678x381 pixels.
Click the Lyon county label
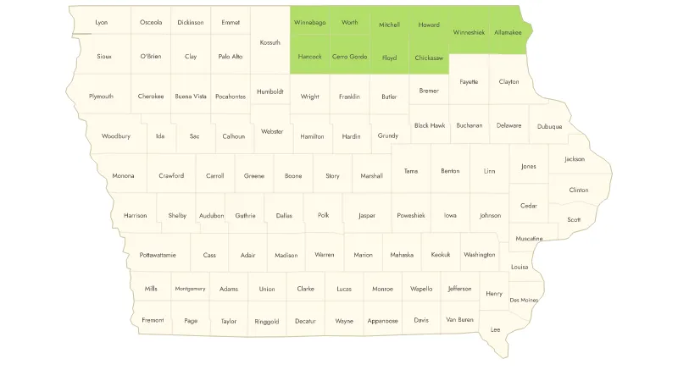[102, 22]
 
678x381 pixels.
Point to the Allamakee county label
[508, 32]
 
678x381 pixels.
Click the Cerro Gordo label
[349, 57]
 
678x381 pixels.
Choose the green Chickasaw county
[429, 58]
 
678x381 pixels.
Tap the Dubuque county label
[549, 127]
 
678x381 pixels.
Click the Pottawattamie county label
[157, 254]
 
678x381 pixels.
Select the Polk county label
[323, 215]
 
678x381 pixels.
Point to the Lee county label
[495, 329]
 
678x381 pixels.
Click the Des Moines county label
[524, 300]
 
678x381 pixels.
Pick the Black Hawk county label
[430, 125]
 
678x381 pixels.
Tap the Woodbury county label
[116, 135]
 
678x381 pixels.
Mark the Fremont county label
[153, 321]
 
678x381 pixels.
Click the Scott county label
[574, 219]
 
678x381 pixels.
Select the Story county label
[332, 176]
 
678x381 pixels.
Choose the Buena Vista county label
[191, 97]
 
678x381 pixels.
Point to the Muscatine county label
[528, 239]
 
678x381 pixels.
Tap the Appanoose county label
[382, 321]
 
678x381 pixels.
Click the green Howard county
[429, 25]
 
